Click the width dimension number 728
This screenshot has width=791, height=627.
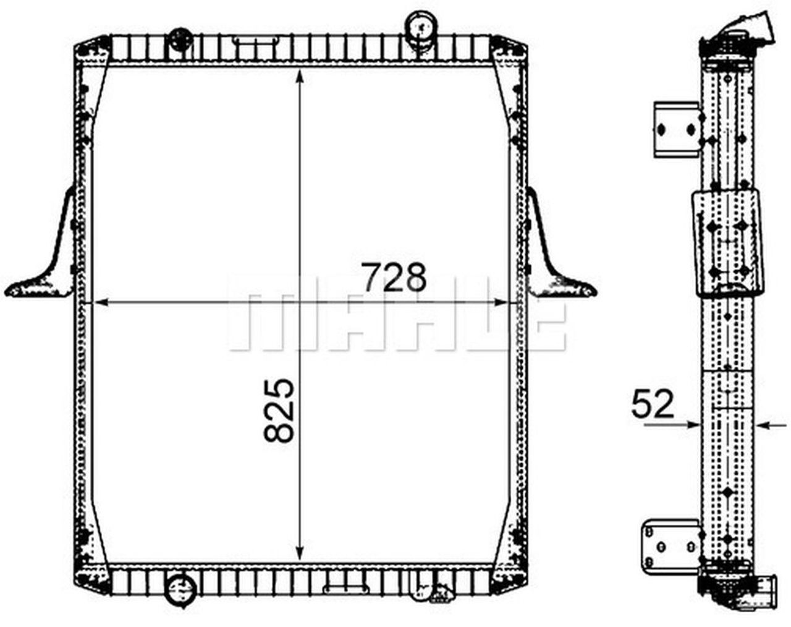394,278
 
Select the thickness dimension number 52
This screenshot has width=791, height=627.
652,405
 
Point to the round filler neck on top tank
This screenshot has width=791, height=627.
420,28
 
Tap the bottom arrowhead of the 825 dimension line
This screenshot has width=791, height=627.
300,553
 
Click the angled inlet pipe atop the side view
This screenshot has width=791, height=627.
751,28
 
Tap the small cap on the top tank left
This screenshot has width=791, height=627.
180,36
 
